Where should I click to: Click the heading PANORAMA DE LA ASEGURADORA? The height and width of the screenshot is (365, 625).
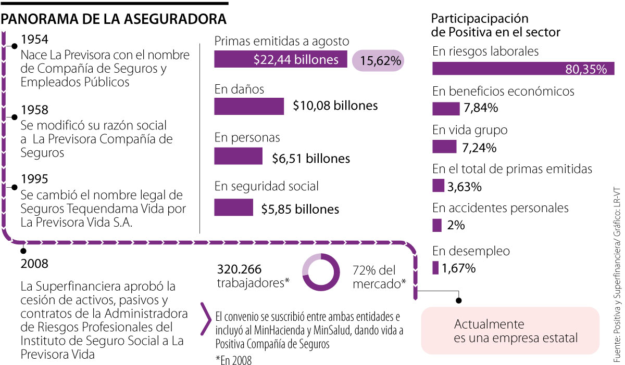click(115, 19)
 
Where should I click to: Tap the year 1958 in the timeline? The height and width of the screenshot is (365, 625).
click(35, 110)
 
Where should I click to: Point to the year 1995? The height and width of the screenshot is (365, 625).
click(35, 179)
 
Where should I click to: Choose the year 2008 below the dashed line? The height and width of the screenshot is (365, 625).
click(35, 264)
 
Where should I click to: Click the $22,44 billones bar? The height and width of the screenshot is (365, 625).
click(281, 60)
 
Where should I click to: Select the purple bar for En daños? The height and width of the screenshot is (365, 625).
click(249, 106)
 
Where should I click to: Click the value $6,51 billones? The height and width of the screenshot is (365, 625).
click(311, 159)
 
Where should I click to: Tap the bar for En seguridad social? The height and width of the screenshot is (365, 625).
click(233, 207)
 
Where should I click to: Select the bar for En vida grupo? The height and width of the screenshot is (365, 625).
click(444, 147)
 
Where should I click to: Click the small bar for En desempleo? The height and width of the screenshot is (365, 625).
click(435, 268)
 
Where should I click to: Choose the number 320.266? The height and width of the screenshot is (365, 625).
click(239, 270)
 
